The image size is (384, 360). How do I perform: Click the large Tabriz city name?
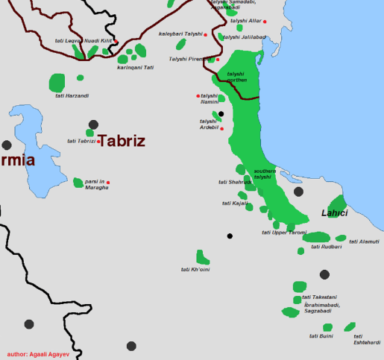tap(122, 141)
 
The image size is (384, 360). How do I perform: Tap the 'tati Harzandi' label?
tap(72, 95)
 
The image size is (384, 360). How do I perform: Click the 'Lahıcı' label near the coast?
tap(334, 213)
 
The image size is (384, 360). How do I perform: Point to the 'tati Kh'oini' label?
tap(195, 269)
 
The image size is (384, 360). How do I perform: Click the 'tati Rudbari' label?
tap(325, 247)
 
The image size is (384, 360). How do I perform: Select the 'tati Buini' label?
tap(321, 336)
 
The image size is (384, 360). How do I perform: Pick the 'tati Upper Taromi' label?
tap(283, 233)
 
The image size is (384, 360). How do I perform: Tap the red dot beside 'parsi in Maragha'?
tap(107, 183)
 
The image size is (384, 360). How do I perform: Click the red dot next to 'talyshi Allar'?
tap(265, 22)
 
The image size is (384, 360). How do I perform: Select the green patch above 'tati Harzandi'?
tap(57, 83)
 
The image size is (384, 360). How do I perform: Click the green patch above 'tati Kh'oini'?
tap(202, 257)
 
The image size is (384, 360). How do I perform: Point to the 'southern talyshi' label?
tap(264, 174)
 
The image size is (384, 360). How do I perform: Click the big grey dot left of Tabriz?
tap(93, 125)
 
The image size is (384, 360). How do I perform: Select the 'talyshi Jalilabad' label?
tap(244, 37)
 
